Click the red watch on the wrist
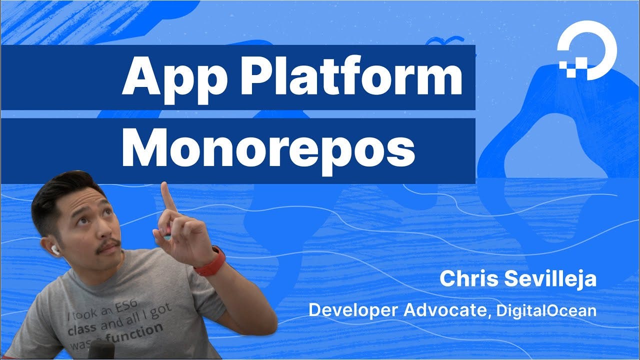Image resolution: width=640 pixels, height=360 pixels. [x=209, y=261]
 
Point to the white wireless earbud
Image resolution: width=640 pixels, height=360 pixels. [x=55, y=249]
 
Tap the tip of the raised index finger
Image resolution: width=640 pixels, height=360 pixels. [x=164, y=187]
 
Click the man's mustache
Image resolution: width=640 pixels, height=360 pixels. [x=107, y=245]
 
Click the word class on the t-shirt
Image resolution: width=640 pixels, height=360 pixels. [x=82, y=330]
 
